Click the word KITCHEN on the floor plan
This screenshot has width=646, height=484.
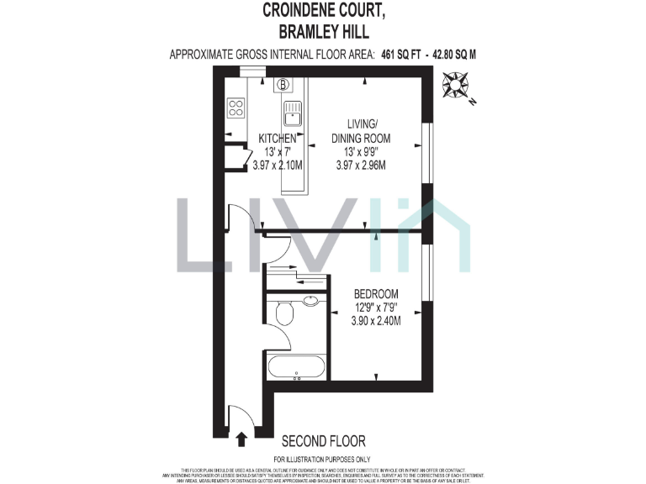pyautogui.click(x=277, y=138)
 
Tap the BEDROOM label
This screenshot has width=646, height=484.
pyautogui.click(x=375, y=294)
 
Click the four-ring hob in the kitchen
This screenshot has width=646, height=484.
pyautogui.click(x=236, y=108)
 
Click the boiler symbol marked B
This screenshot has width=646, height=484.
pyautogui.click(x=283, y=84)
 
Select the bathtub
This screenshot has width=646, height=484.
pyautogui.click(x=296, y=366)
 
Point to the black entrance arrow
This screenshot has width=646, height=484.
pyautogui.click(x=242, y=438)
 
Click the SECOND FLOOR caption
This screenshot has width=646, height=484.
pyautogui.click(x=323, y=441)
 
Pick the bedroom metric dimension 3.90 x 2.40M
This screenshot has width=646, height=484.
pyautogui.click(x=375, y=321)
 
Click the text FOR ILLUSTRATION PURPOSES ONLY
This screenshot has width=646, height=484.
pyautogui.click(x=323, y=459)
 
